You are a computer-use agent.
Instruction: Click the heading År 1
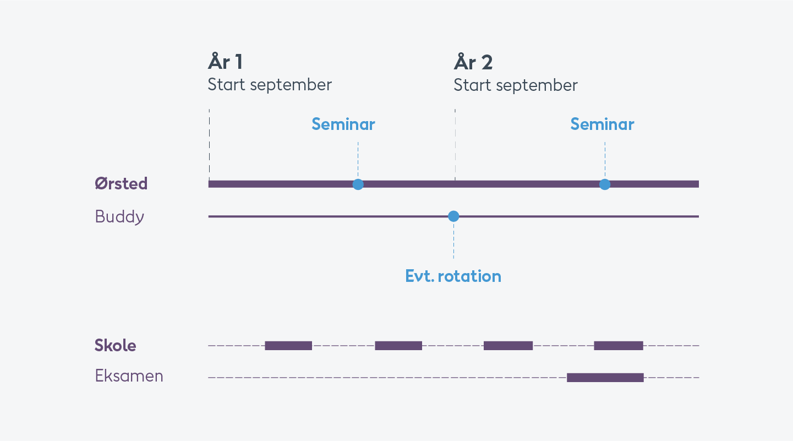pos(225,62)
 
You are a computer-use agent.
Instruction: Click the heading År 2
pos(473,62)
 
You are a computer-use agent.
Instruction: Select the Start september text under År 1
pos(270,85)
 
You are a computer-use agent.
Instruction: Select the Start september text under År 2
pos(516,85)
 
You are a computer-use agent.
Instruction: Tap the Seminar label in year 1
pos(343,124)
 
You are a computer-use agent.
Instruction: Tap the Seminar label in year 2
pos(602,124)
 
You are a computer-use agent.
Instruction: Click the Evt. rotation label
pos(453,276)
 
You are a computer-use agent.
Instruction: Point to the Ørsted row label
pos(121,183)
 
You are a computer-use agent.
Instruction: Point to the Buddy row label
pos(119,216)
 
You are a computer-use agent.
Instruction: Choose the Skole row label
pos(116,345)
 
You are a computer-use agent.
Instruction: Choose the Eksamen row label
pos(129,375)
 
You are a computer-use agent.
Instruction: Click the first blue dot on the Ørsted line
pos(358,184)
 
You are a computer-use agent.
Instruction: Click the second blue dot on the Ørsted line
pos(605,184)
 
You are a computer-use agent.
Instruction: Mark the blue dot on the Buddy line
pos(453,216)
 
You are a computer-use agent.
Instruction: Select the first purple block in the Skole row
pos(288,345)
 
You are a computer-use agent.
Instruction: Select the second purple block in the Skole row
pos(398,345)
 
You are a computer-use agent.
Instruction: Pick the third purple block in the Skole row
pos(508,345)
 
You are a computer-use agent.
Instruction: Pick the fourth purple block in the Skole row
pos(619,345)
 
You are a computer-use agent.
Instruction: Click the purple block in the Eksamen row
pos(605,378)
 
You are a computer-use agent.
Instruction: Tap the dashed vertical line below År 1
pos(209,145)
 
